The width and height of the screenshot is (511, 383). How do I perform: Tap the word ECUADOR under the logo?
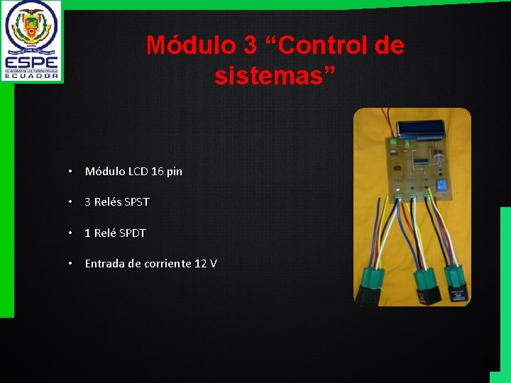click(32, 76)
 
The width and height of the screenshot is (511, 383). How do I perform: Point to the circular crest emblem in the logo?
click(32, 26)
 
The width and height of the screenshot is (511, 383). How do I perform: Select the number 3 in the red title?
click(250, 46)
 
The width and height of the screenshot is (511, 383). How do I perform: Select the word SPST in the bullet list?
click(136, 202)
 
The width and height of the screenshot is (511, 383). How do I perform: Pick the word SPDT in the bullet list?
click(133, 233)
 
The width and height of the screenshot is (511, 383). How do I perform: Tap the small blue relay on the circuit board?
click(441, 185)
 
